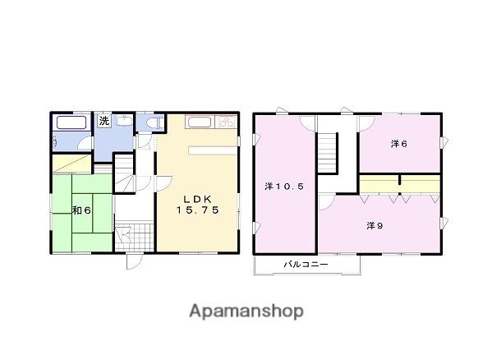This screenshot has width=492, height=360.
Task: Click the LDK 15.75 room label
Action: click(x=197, y=205)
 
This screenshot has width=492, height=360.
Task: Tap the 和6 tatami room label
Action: click(x=81, y=210)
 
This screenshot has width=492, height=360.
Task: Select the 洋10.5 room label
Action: click(x=284, y=187)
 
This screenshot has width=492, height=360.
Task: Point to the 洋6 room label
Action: click(x=399, y=144)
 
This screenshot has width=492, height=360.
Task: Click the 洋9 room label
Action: click(x=375, y=225)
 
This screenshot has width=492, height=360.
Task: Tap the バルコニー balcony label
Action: click(x=306, y=265)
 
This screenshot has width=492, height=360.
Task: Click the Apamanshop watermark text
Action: click(x=246, y=311)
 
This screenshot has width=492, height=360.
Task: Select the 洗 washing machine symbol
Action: click(x=103, y=121)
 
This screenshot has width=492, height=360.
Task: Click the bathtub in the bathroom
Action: click(x=71, y=122)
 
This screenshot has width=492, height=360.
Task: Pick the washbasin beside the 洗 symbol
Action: click(x=125, y=121)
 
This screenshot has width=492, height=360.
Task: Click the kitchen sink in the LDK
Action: click(x=200, y=122)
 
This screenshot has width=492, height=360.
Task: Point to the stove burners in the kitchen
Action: click(x=226, y=122)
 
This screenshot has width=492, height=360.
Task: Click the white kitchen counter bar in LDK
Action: click(x=213, y=150)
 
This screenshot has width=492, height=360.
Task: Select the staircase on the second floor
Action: click(x=327, y=153)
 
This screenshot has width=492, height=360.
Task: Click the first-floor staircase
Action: click(x=124, y=173)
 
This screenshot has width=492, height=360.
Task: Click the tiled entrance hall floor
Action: click(x=135, y=237)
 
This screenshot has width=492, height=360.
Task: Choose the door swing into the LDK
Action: click(x=163, y=183)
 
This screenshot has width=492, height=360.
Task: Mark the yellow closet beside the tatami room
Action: click(x=71, y=164)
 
